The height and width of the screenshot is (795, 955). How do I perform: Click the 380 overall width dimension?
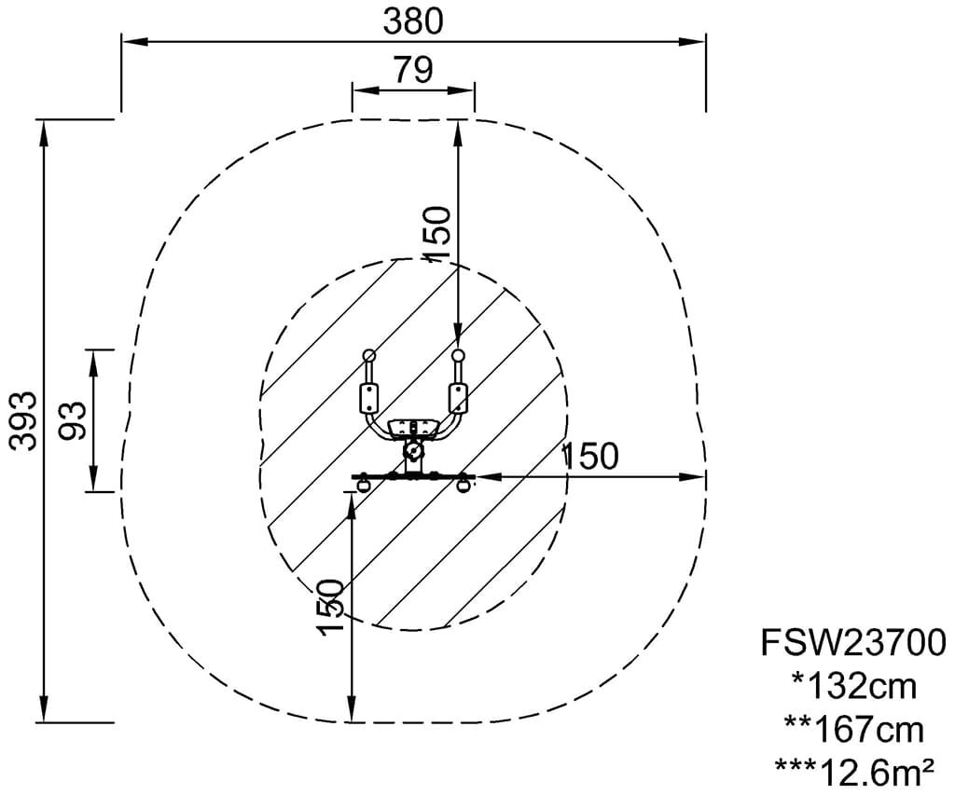click(x=413, y=21)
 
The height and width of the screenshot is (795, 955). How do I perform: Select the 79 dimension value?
click(x=413, y=69)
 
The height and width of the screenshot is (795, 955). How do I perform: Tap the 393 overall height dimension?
click(x=24, y=420)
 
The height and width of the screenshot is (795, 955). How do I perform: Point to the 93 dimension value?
click(x=73, y=420)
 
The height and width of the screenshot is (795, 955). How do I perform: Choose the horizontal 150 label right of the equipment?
click(x=589, y=456)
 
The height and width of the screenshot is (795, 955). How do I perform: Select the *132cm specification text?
click(x=854, y=686)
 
